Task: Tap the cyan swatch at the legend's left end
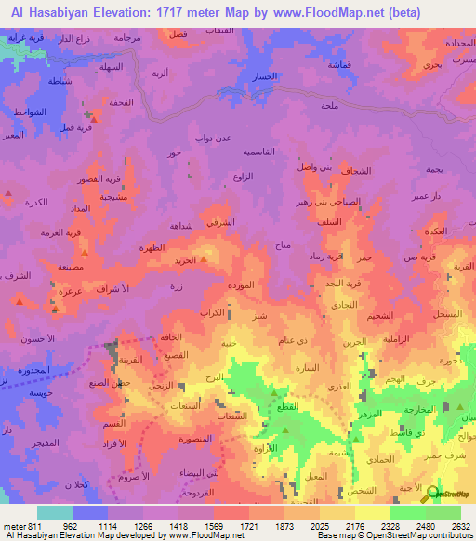coord(55,512)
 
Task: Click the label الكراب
coord(213,312)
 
